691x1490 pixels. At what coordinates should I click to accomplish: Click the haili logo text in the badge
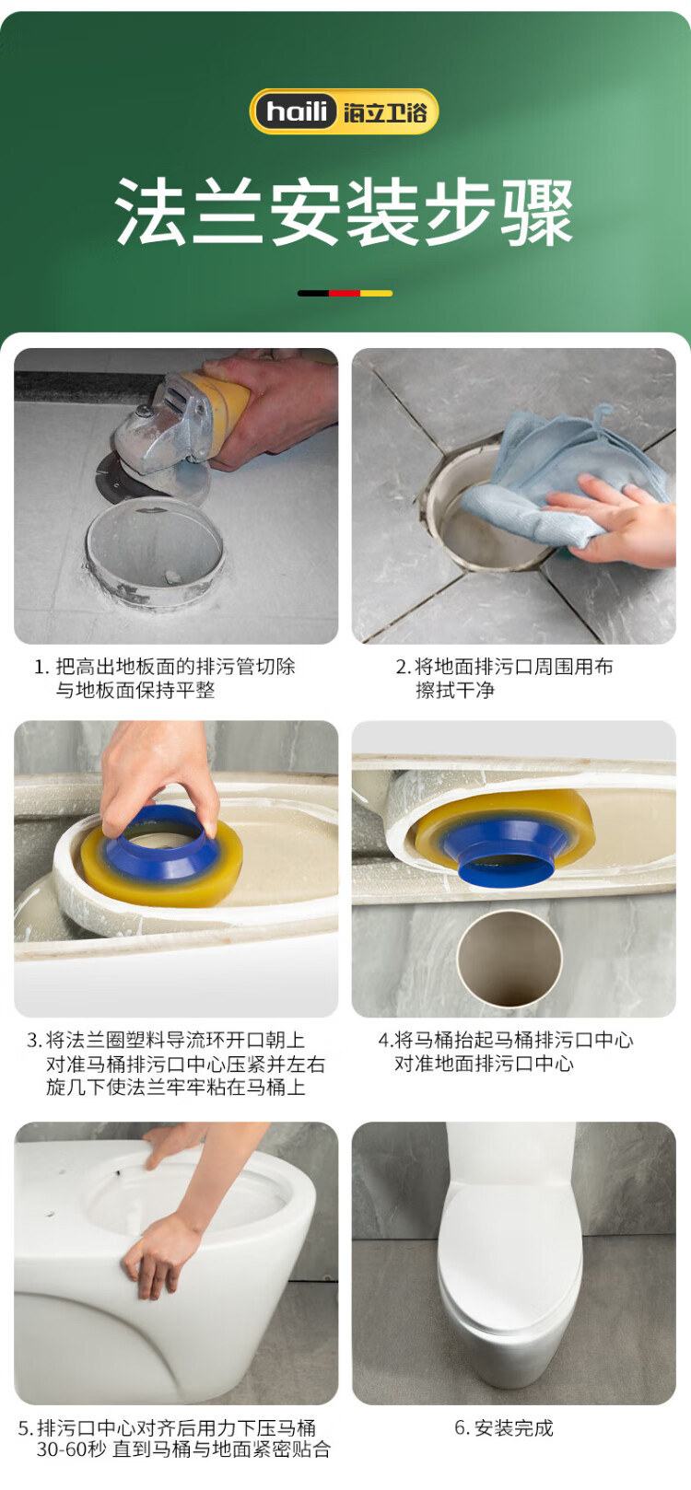(x=297, y=111)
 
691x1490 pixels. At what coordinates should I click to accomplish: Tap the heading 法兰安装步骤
(x=345, y=212)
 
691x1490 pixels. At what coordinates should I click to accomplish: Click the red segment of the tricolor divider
(x=345, y=293)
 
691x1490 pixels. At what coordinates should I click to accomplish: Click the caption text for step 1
(x=164, y=678)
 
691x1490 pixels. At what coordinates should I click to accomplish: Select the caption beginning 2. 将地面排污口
(x=504, y=678)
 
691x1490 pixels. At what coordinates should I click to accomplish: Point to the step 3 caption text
(x=176, y=1064)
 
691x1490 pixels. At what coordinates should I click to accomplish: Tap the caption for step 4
(x=506, y=1052)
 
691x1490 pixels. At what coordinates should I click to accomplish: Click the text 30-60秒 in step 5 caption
(x=71, y=1449)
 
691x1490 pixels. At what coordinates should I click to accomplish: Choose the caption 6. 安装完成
(x=504, y=1427)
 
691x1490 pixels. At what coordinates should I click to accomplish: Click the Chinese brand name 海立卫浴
(x=385, y=111)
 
